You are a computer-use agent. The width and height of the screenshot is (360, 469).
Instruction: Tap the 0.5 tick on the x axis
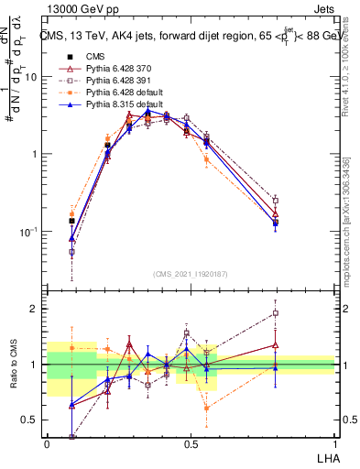[191, 444]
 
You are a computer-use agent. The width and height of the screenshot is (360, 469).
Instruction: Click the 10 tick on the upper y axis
[33, 77]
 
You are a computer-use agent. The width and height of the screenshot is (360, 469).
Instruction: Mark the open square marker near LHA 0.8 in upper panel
[276, 200]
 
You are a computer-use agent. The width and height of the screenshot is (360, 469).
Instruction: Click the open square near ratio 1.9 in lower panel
[276, 312]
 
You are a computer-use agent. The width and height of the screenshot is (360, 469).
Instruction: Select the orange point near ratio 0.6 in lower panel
[206, 409]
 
